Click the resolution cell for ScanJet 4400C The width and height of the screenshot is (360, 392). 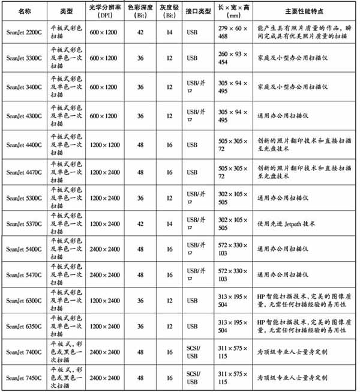[106, 145]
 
